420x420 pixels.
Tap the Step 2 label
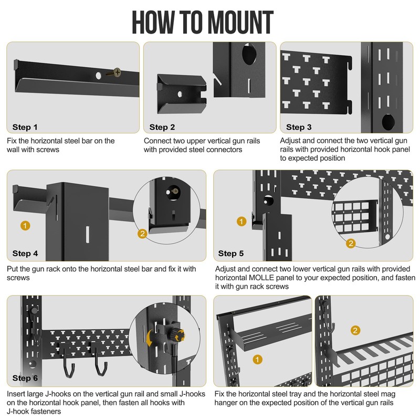click(x=162, y=127)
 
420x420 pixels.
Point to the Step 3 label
click(x=299, y=127)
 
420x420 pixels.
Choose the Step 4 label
click(x=25, y=254)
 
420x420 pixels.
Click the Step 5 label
click(x=231, y=254)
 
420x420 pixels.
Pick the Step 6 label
click(x=25, y=378)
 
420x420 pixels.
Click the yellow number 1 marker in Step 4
click(x=25, y=225)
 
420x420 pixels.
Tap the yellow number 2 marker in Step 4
click(x=142, y=233)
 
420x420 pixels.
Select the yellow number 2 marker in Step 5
click(x=351, y=243)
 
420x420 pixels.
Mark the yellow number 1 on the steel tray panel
click(x=257, y=360)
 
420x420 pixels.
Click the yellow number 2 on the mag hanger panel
click(x=355, y=330)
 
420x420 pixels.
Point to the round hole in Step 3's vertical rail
click(x=388, y=122)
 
